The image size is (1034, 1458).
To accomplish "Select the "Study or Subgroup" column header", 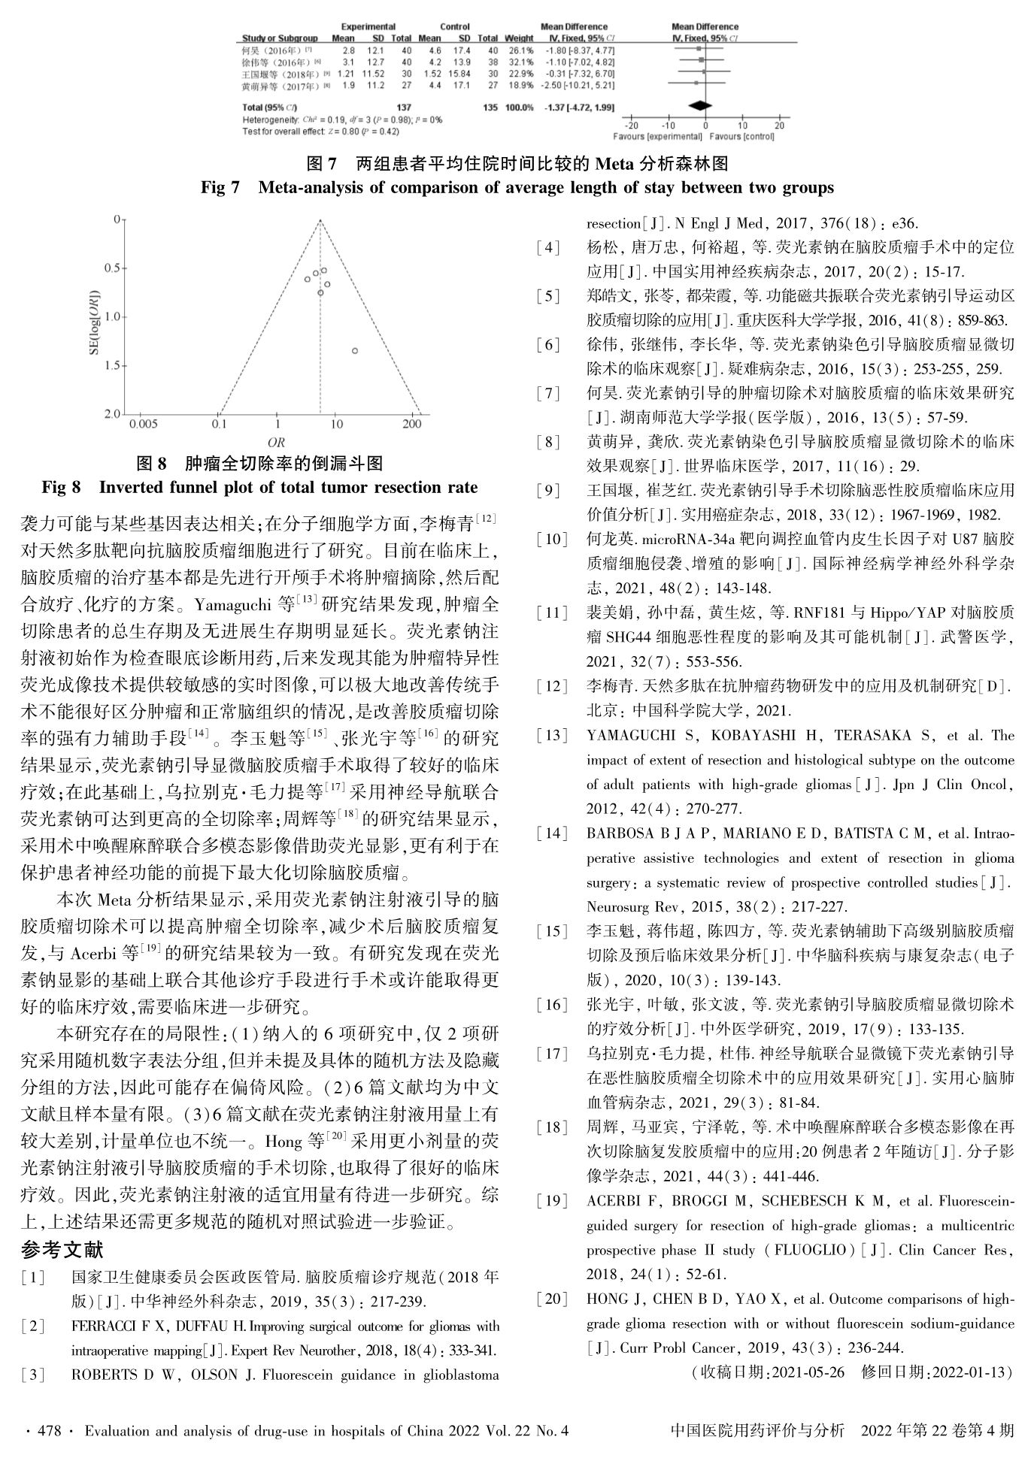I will click(x=279, y=38).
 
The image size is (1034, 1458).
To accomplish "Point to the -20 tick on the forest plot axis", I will click(x=632, y=126).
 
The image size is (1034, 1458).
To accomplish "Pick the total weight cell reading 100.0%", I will click(x=518, y=107).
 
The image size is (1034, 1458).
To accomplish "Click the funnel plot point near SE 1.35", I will click(x=354, y=350).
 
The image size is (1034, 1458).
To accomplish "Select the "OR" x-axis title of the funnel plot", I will click(x=276, y=443).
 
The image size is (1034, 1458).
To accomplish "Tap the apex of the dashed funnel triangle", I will click(x=320, y=220).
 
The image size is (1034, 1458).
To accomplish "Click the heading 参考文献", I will click(x=62, y=1250).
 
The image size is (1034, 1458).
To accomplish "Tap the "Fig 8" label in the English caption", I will click(x=61, y=488).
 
